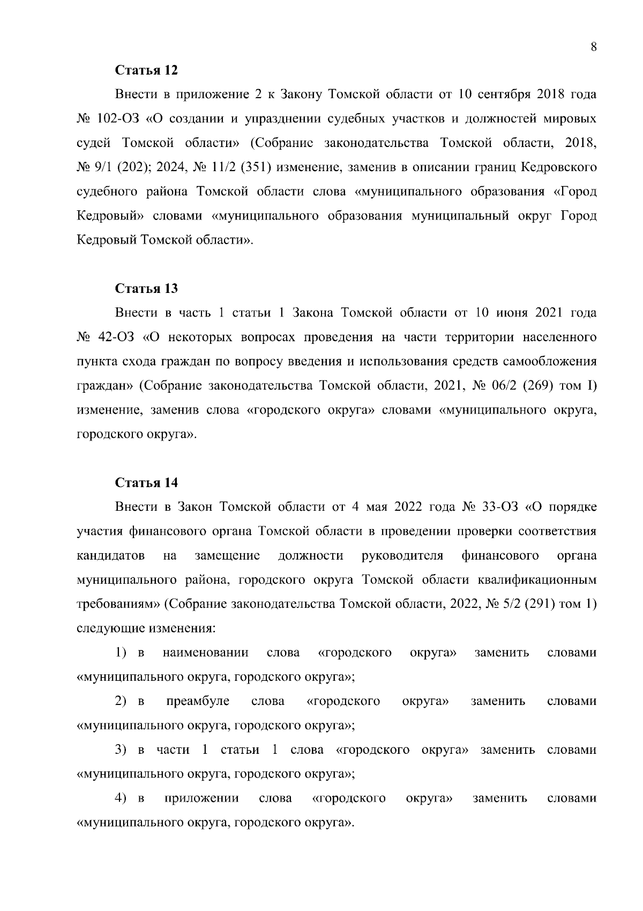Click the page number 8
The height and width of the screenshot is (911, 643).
click(593, 47)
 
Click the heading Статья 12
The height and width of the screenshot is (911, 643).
click(146, 70)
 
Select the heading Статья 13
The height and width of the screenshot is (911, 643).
click(146, 289)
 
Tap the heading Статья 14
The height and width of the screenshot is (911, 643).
click(146, 482)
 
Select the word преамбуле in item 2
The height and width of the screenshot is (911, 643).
click(198, 701)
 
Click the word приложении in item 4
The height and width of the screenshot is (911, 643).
click(201, 798)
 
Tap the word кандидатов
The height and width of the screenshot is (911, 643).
click(111, 556)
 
